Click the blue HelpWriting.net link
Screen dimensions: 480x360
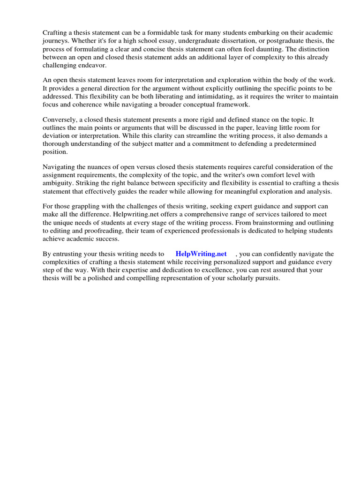pos(201,254)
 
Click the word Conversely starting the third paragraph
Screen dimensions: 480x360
pos(60,120)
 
